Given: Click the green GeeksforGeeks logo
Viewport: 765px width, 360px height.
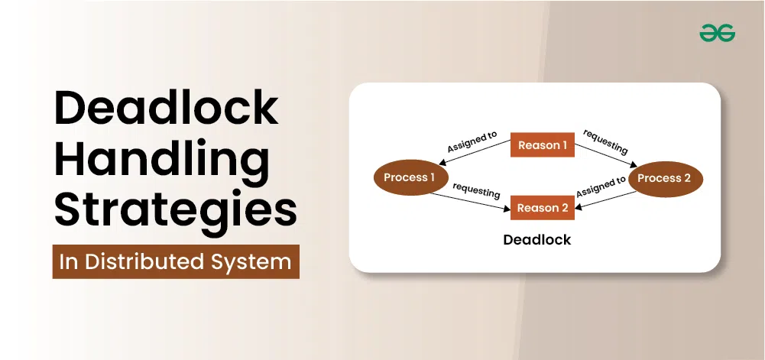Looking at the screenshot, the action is tap(717, 34).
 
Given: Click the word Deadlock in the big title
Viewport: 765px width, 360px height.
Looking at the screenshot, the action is tap(167, 108).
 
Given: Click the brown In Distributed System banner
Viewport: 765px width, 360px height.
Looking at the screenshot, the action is tap(176, 261).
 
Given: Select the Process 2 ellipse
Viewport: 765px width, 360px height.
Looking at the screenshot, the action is tap(666, 179).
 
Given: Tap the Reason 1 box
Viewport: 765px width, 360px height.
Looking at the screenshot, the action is tap(543, 145).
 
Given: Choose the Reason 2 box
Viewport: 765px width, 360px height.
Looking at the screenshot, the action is tap(543, 208).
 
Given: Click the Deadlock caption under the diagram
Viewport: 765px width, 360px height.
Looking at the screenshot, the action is tap(536, 240).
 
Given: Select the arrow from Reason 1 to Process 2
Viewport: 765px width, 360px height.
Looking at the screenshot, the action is tap(606, 156).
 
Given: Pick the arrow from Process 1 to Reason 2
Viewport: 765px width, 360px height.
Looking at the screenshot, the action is tap(468, 202).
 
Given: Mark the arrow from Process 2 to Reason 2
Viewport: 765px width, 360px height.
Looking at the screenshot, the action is tap(605, 199).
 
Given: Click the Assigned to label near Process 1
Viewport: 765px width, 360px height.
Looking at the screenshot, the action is tap(472, 141).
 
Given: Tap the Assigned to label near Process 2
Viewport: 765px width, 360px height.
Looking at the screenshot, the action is tap(601, 186).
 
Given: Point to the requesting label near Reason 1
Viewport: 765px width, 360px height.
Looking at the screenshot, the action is tap(605, 141).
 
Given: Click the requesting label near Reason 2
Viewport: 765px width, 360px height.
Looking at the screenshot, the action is tap(477, 190).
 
